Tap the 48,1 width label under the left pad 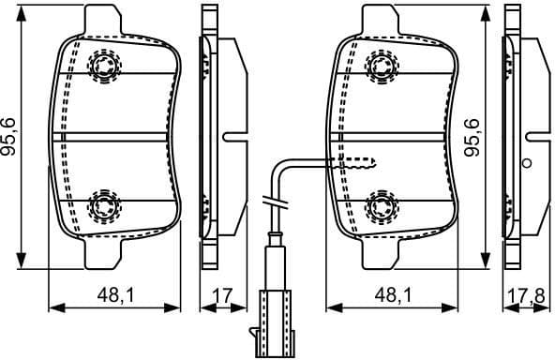pyautogui.click(x=113, y=296)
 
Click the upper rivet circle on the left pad pyautogui.click(x=104, y=65)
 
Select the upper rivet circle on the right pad pyautogui.click(x=381, y=65)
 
